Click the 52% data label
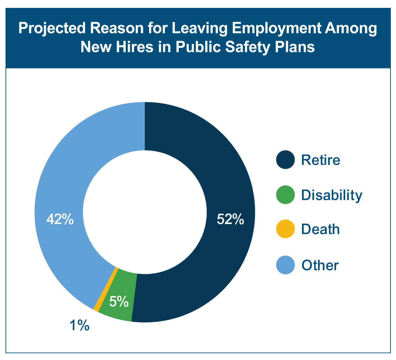(x=230, y=219)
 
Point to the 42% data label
(x=60, y=219)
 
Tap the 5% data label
(x=119, y=301)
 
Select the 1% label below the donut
(x=80, y=325)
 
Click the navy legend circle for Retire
(x=285, y=160)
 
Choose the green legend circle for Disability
(x=285, y=195)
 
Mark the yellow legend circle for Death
(x=285, y=229)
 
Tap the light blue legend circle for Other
(x=285, y=265)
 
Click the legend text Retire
(x=321, y=160)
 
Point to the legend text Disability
(x=332, y=195)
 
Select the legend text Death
(x=320, y=229)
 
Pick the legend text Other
(x=320, y=265)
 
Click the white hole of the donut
(x=145, y=212)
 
